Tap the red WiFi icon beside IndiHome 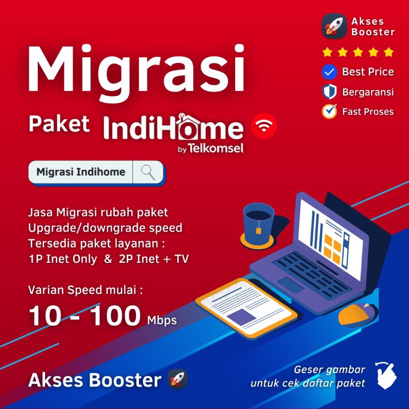pyautogui.click(x=264, y=126)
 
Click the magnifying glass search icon pyautogui.click(x=148, y=172)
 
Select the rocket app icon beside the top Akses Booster pyautogui.click(x=334, y=26)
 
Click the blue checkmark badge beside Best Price pyautogui.click(x=329, y=72)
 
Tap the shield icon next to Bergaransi pyautogui.click(x=329, y=92)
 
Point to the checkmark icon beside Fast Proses pyautogui.click(x=329, y=111)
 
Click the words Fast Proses pyautogui.click(x=368, y=111)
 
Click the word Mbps pyautogui.click(x=162, y=321)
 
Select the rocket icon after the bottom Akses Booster pyautogui.click(x=177, y=380)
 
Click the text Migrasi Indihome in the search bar pyautogui.click(x=81, y=172)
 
